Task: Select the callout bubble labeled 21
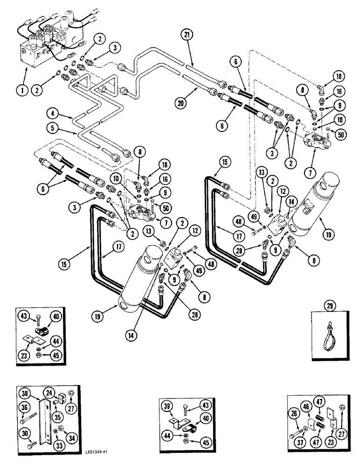187,36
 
